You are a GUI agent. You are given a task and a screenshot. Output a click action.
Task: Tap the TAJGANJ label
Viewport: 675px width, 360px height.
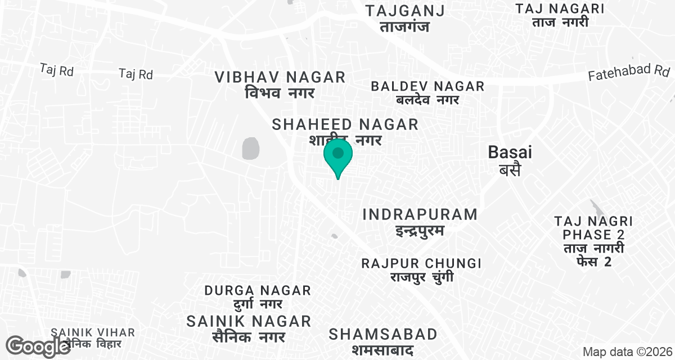(405, 18)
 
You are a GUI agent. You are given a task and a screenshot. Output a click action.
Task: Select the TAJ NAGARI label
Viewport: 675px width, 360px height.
(560, 15)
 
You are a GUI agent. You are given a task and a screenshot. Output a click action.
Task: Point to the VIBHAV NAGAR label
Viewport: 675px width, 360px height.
(280, 84)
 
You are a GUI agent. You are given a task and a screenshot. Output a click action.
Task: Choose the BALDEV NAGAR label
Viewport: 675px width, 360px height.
(427, 93)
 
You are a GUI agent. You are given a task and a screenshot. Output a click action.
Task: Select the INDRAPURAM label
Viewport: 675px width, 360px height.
(420, 222)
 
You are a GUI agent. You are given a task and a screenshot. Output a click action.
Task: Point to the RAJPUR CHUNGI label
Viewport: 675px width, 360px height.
(422, 270)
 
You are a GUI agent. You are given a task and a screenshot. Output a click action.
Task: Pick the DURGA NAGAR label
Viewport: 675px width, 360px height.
(258, 297)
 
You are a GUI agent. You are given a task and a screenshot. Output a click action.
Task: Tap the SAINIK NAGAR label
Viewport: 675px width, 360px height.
(249, 328)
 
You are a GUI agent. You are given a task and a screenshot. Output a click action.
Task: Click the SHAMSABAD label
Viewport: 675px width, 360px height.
(383, 341)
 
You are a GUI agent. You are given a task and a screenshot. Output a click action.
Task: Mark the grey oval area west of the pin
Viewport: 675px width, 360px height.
(250, 148)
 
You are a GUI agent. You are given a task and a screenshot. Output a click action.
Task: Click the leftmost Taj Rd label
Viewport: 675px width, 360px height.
(57, 70)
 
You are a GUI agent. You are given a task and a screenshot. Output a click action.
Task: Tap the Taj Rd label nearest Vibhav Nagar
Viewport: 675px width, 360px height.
(136, 74)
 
